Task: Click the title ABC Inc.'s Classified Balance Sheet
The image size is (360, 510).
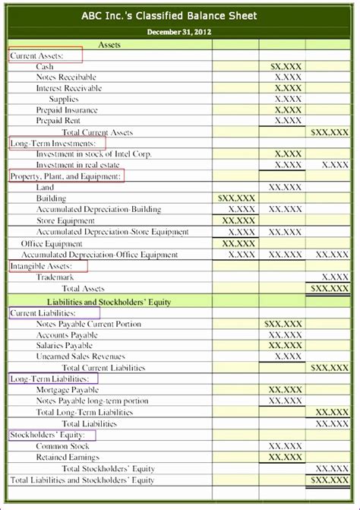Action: [179, 14]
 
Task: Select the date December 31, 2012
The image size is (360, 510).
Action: [179, 33]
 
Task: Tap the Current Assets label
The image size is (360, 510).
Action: [36, 56]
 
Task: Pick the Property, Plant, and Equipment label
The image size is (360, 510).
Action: [65, 176]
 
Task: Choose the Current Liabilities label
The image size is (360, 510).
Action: [43, 313]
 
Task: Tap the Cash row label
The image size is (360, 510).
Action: [45, 67]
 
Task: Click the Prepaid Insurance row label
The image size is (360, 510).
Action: [67, 110]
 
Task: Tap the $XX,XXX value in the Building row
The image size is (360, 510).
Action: [235, 198]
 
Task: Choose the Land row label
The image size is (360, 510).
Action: [46, 187]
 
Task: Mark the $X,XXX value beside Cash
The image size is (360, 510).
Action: [286, 67]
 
